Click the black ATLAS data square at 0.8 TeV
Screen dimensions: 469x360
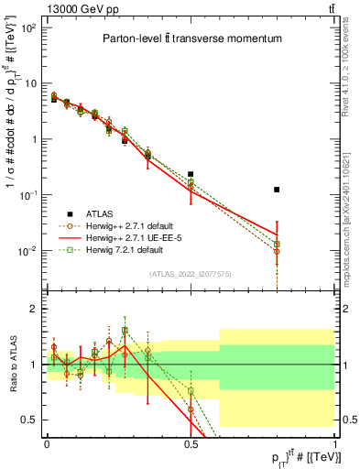coord(277,190)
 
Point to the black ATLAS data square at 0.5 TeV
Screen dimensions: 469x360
coord(191,174)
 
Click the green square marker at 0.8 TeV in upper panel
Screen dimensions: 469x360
coord(277,245)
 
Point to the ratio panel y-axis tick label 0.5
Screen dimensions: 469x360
coord(28,420)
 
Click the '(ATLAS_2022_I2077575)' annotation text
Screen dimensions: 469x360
coord(191,274)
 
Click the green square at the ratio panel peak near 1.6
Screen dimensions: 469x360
coord(125,330)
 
